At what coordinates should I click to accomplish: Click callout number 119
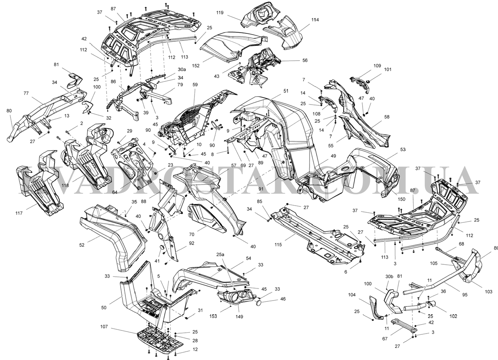[220, 12]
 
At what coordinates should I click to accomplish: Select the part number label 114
[314, 19]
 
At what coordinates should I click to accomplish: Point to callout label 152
[195, 66]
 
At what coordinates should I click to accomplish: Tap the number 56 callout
[305, 61]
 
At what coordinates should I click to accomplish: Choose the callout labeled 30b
[389, 276]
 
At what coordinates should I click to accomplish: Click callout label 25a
[221, 254]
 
